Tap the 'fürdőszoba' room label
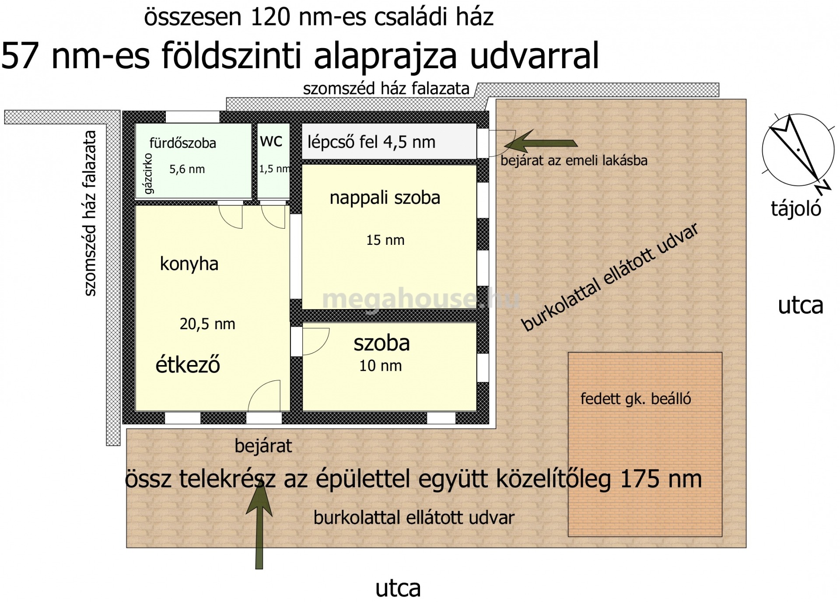pos(183,143)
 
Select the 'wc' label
pos(271,141)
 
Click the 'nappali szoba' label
pos(385,198)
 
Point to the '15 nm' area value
pos(385,240)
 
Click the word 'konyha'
pos(189,264)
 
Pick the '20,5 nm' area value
pos(207,324)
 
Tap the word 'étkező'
pos(188,364)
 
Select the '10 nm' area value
pos(381,366)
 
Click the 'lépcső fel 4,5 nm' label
pos(371,142)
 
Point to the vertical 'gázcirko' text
pos(148,174)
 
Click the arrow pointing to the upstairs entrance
pos(541,142)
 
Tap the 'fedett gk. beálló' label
pos(636,399)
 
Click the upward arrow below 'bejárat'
pos(259,524)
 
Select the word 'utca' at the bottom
pos(398,588)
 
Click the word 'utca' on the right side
pos(801,306)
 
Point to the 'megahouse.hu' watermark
pos(421,299)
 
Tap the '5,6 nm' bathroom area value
pos(187,169)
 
